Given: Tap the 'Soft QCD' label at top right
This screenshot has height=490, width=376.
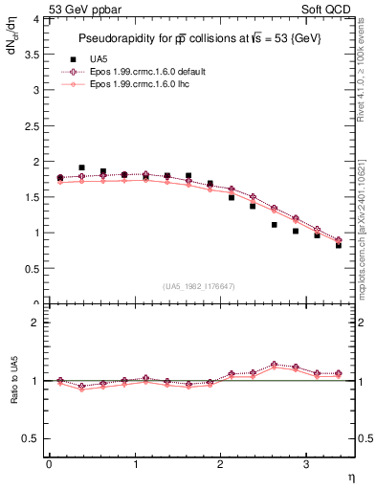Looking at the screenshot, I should pos(330,9).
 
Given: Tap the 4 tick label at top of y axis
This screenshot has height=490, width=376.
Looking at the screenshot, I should pos(36,18).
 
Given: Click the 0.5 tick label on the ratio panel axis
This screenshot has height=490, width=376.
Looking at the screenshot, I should pos(33,438).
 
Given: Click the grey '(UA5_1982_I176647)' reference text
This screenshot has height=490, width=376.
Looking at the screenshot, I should pos(199,286).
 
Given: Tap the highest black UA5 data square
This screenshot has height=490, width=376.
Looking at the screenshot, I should pos(81,167).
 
